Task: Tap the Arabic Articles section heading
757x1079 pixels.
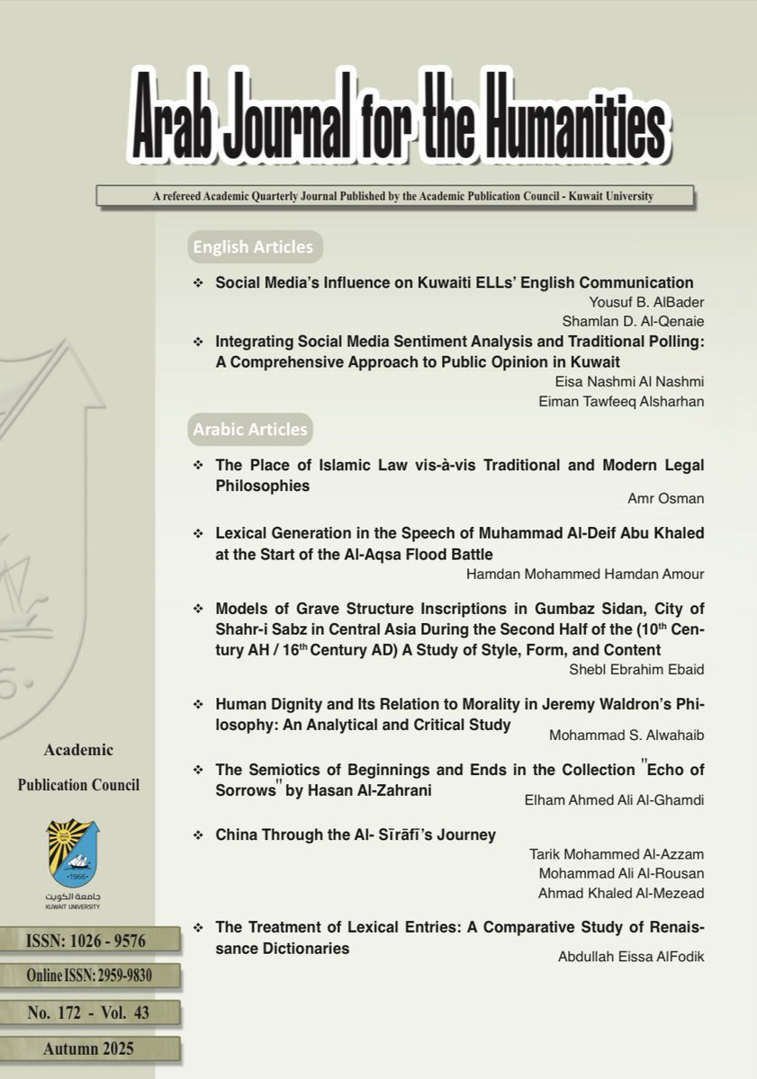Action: click(x=249, y=430)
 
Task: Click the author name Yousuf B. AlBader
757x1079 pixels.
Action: click(x=649, y=301)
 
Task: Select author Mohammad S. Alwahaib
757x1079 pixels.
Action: click(x=626, y=735)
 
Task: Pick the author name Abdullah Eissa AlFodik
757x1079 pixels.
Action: click(x=631, y=957)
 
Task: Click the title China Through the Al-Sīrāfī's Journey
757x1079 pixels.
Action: click(x=356, y=834)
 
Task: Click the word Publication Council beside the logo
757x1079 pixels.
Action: click(x=79, y=785)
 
